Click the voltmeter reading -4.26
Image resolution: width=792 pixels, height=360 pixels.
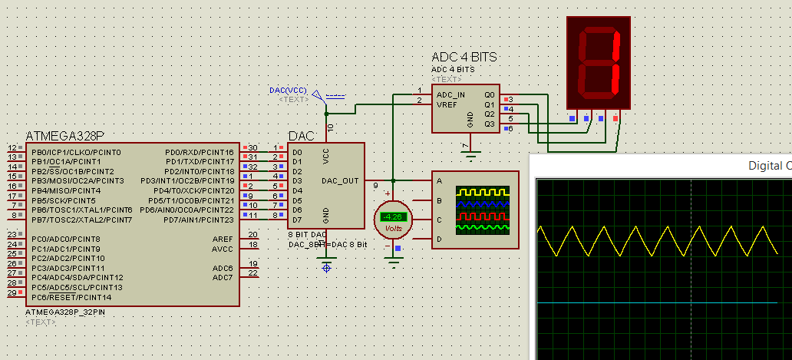[393, 217]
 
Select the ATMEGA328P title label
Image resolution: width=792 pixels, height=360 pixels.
[65, 136]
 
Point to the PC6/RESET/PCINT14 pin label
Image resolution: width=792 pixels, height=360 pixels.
[71, 297]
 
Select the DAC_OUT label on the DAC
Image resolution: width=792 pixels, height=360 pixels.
[340, 181]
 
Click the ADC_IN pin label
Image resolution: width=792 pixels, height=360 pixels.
[452, 94]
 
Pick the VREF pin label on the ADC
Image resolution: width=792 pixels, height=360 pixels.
[447, 104]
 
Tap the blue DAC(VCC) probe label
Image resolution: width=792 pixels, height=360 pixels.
[288, 91]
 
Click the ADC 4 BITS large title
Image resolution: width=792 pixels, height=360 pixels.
[464, 58]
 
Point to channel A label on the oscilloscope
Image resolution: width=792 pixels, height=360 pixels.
[440, 181]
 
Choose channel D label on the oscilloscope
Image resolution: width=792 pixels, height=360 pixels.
[440, 239]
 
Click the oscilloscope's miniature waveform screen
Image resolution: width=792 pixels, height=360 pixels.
[482, 210]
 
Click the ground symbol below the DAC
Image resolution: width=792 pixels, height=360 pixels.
[327, 267]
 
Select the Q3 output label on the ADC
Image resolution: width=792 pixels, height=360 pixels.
[489, 124]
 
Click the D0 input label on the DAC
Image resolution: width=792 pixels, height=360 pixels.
[297, 152]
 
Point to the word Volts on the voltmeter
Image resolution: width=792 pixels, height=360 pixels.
[393, 228]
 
